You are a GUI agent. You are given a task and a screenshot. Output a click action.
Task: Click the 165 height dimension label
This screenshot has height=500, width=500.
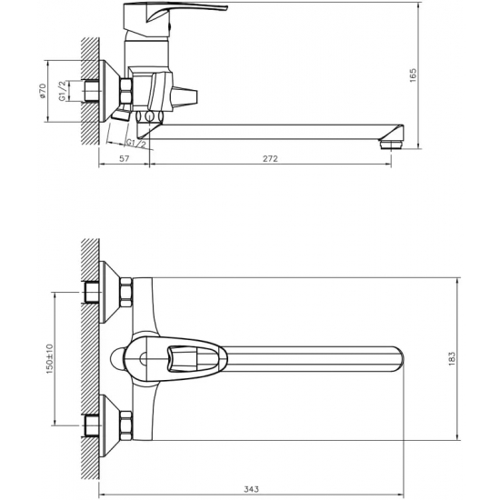[x=413, y=75]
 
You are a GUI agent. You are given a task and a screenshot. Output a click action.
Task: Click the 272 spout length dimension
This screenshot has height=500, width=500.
[x=270, y=158]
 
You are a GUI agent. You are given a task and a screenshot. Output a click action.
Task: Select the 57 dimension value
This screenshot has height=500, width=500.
[x=124, y=158]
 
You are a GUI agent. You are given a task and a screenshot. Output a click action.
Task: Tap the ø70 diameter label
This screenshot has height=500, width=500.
[x=43, y=91]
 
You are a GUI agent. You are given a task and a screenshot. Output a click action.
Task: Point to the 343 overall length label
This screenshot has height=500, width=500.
[x=252, y=489]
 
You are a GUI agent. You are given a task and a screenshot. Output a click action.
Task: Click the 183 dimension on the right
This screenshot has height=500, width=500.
[x=452, y=359]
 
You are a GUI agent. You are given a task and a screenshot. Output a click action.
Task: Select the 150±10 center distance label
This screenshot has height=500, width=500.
[x=50, y=359]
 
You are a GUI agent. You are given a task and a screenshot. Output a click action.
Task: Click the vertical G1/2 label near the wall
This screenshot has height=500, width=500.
[x=63, y=91]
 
